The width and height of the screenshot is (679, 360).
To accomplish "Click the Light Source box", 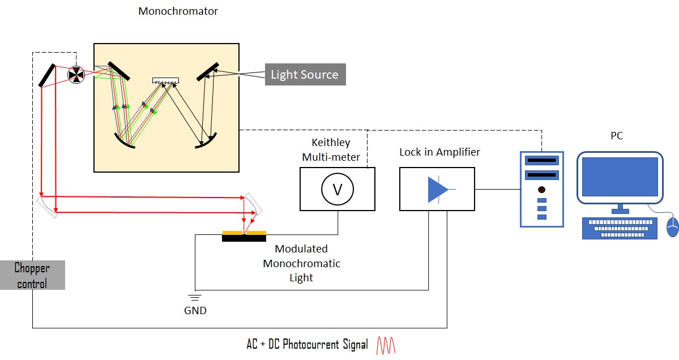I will [x=305, y=75].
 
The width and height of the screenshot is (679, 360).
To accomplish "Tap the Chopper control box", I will [x=32, y=275].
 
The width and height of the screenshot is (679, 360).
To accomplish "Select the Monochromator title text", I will [x=178, y=11].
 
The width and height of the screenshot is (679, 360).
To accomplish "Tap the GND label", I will [x=195, y=311].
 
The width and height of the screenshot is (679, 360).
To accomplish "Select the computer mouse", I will [x=672, y=226].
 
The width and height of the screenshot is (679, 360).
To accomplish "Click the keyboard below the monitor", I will [x=620, y=228].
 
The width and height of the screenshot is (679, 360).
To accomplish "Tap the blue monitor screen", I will [x=620, y=177].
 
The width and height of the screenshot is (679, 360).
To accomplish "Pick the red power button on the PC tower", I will [x=541, y=189].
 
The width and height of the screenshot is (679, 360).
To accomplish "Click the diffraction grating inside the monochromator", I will [x=165, y=81].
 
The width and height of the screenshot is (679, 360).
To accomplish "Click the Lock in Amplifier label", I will [x=439, y=152].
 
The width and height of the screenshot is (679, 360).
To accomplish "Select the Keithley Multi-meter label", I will [x=336, y=149].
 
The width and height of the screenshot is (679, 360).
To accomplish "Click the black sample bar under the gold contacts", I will [x=244, y=238].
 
